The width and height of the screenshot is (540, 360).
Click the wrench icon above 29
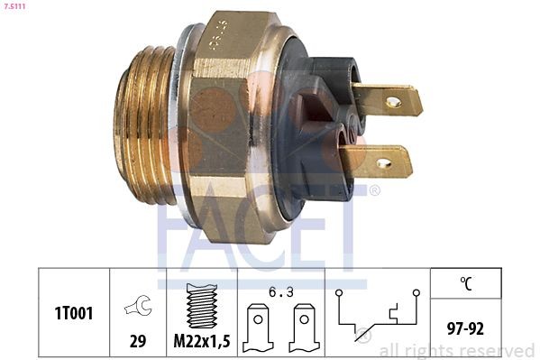[x=138, y=308]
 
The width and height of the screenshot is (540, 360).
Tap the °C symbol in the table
[x=466, y=283]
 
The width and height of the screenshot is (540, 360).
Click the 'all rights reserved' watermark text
[x=456, y=350]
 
